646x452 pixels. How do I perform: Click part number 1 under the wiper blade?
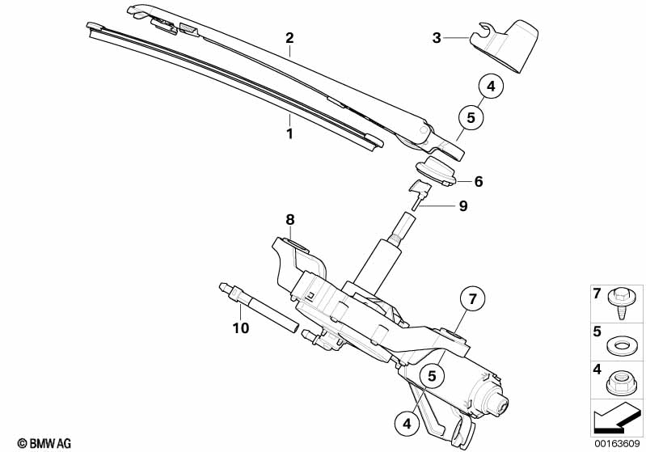[289, 133]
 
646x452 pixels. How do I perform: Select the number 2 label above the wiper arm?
[289, 38]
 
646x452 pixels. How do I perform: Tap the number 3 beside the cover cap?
[437, 38]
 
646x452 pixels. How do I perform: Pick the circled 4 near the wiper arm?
[491, 86]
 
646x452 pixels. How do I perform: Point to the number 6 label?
[478, 182]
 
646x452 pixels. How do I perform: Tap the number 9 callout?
[462, 206]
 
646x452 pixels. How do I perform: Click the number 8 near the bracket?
[289, 218]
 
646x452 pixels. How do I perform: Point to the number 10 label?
[240, 328]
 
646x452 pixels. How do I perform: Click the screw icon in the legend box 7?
[620, 303]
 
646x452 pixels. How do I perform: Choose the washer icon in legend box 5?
[620, 345]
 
